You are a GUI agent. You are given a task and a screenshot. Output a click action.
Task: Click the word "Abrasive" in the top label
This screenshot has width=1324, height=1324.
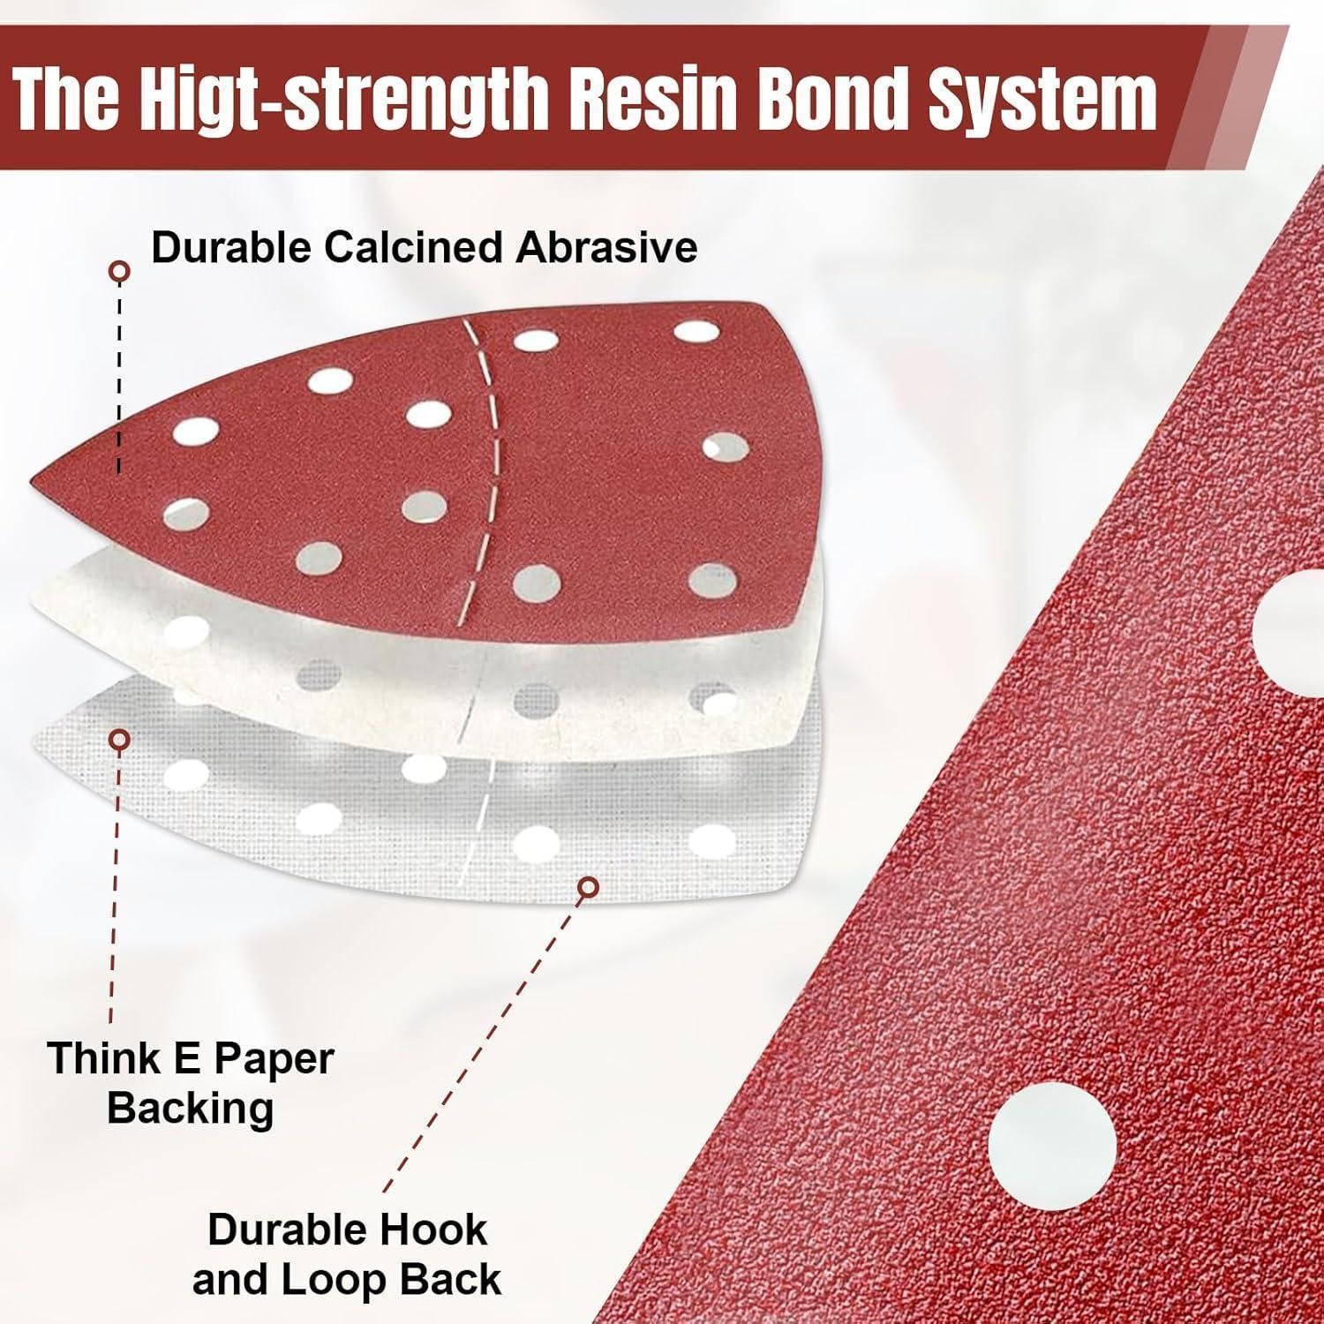(x=606, y=247)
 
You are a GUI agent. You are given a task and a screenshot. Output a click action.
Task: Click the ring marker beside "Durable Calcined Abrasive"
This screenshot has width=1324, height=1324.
(x=120, y=271)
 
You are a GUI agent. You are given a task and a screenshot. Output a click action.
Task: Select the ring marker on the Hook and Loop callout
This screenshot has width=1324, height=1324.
(x=588, y=886)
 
